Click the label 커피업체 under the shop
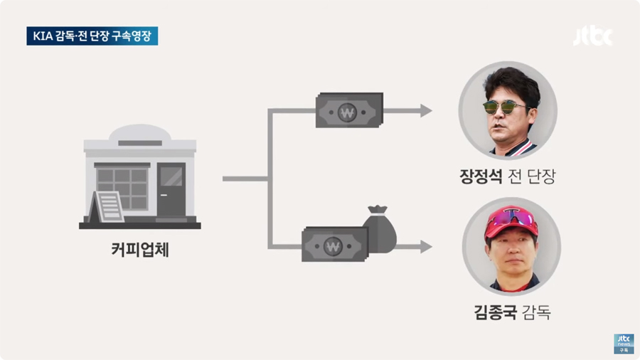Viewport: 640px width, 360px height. pos(140,250)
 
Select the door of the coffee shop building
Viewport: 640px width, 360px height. pos(171,191)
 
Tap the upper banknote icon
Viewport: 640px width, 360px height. pos(348,110)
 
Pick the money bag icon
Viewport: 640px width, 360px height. pos(378,229)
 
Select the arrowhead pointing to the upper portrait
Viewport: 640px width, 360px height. pos(425,110)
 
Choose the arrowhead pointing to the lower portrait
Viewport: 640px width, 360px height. pos(425,247)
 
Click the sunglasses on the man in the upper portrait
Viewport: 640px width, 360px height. pos(507,107)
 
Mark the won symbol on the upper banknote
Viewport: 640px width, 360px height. pos(348,111)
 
